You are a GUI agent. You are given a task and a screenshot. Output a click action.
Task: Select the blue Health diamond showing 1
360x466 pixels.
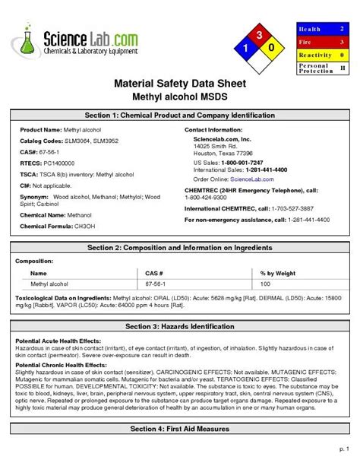[x=245, y=49]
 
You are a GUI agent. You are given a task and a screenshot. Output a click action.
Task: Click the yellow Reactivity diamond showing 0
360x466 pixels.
[x=271, y=49]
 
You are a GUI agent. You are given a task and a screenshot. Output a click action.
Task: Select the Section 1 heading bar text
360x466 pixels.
[x=180, y=116]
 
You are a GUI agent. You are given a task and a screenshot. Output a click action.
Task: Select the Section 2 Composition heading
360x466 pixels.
[x=180, y=248]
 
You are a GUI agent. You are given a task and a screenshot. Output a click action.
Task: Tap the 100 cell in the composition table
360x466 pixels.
[x=265, y=283]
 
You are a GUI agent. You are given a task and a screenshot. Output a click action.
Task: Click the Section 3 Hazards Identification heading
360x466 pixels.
[x=180, y=326]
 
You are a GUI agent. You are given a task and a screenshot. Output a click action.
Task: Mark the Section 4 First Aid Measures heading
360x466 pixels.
[x=180, y=429]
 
